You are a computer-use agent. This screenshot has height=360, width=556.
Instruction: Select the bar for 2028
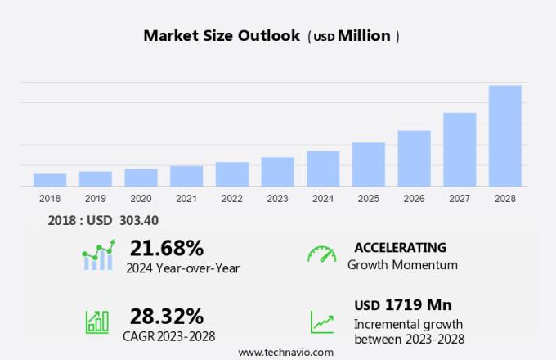click(505, 136)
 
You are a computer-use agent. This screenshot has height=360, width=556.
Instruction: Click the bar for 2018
click(50, 180)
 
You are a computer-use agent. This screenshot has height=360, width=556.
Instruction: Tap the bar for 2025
click(369, 164)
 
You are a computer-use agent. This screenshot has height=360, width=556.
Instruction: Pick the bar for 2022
click(232, 174)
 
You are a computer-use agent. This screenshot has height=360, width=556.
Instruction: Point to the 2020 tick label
click(141, 198)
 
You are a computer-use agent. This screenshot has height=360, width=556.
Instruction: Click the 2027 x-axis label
click(460, 198)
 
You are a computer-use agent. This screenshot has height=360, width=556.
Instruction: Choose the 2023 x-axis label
click(277, 198)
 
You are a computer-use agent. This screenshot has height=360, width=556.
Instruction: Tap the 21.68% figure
click(167, 247)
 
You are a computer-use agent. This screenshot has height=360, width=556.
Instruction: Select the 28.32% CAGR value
click(167, 316)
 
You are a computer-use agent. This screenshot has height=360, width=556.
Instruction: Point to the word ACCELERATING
click(400, 247)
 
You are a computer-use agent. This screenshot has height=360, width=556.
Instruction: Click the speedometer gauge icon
click(321, 254)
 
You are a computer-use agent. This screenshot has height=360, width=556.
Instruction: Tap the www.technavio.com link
click(286, 352)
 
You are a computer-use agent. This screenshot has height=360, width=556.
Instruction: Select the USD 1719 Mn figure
click(403, 305)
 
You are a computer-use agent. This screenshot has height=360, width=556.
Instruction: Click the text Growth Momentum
click(402, 265)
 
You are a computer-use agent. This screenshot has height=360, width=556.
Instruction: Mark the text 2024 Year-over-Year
click(182, 267)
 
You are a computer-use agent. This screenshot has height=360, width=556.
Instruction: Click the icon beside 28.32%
click(96, 322)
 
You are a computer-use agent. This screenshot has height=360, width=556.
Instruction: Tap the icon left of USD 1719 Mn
click(321, 322)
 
